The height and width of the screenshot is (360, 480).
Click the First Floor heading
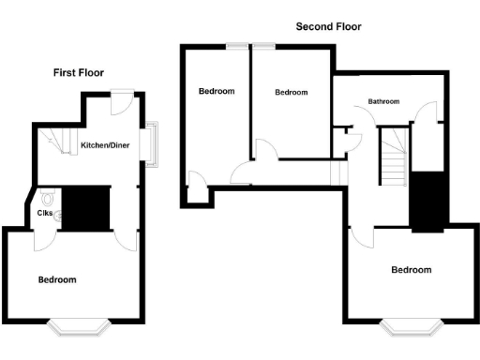(x=79, y=72)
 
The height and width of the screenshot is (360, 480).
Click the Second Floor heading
(x=328, y=27)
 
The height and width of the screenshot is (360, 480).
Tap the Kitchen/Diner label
(x=104, y=145)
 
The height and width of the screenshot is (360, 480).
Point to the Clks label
(x=44, y=212)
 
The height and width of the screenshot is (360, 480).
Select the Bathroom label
(x=383, y=101)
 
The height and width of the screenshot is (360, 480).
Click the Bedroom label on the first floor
(x=57, y=280)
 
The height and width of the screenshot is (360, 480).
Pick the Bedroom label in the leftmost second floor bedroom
(x=217, y=91)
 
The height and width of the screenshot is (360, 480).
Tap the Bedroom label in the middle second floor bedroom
(x=291, y=92)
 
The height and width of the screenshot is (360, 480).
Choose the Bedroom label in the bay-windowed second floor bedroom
(x=412, y=270)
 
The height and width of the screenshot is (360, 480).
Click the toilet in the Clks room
(x=47, y=199)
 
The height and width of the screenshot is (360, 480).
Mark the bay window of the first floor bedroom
(x=79, y=326)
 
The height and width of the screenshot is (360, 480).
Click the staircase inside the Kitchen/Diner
(x=61, y=143)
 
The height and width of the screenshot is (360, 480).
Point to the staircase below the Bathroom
(x=394, y=157)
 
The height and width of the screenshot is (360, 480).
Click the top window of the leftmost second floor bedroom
(x=238, y=45)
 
